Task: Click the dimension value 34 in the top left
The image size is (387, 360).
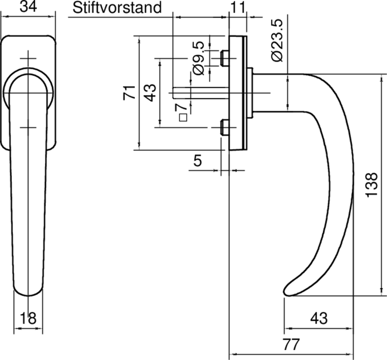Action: click(x=28, y=7)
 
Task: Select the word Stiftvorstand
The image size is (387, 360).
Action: click(x=116, y=7)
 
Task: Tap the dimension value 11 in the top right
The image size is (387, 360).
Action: click(x=237, y=7)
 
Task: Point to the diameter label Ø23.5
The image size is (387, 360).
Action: click(x=277, y=41)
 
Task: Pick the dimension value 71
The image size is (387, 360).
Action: click(x=128, y=92)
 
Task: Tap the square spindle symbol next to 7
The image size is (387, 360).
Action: click(x=182, y=118)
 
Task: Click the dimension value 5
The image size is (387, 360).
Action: click(x=197, y=161)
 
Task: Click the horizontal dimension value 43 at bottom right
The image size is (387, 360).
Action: click(x=318, y=318)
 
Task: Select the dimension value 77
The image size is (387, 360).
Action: click(x=290, y=345)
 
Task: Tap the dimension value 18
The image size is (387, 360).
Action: click(x=28, y=318)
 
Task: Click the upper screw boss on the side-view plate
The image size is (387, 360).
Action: click(x=224, y=58)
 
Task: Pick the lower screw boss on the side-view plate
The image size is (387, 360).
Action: click(x=224, y=128)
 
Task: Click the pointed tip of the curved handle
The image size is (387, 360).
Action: click(x=286, y=291)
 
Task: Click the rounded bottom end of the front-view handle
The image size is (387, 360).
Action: click(x=28, y=290)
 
